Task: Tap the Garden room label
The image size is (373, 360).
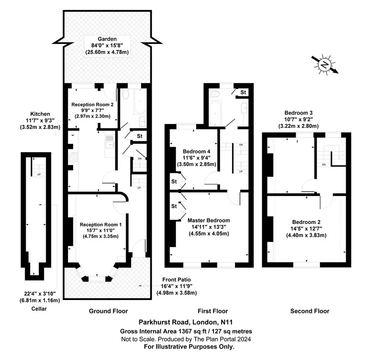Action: click(x=107, y=39)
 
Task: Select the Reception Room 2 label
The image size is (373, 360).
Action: click(x=92, y=104)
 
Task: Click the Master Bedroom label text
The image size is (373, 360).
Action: click(x=209, y=220)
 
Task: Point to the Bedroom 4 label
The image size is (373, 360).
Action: click(x=196, y=151)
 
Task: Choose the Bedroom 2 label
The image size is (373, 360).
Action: click(x=306, y=222)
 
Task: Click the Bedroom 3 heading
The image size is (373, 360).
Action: click(x=298, y=113)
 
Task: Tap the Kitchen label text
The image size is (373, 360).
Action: click(x=40, y=114)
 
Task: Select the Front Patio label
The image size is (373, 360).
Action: click(x=177, y=280)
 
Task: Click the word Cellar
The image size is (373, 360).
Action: click(x=39, y=309)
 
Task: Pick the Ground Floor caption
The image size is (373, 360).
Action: click(x=108, y=311)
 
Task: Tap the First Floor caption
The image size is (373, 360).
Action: click(x=213, y=311)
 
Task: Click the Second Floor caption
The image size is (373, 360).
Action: click(x=310, y=311)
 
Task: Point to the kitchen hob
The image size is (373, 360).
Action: click(x=73, y=158)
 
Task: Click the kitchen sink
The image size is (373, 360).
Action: click(x=110, y=141)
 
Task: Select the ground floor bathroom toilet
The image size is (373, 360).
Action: click(x=126, y=94)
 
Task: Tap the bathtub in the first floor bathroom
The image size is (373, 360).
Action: click(x=215, y=113)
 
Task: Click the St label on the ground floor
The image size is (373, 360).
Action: click(x=140, y=136)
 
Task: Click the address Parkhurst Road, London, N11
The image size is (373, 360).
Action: click(x=186, y=322)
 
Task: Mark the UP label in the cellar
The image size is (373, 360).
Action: click(x=39, y=174)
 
